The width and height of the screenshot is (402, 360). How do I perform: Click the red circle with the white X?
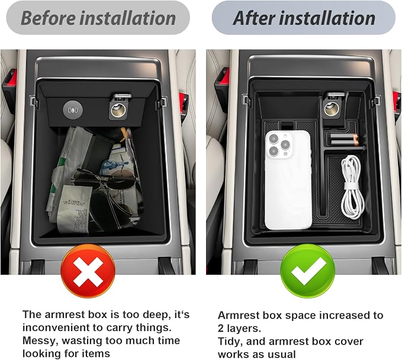point(88,271)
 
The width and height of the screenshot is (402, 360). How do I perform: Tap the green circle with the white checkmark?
point(307,271)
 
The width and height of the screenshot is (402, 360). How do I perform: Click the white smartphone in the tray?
point(288,180)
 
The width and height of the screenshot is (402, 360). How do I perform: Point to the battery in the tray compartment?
point(343,140)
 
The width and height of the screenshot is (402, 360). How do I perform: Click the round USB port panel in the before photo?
point(73,110)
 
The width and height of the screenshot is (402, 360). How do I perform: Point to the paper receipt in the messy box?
point(75,208)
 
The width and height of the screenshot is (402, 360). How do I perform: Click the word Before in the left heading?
point(48,18)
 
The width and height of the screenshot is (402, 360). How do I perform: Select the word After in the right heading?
point(254,18)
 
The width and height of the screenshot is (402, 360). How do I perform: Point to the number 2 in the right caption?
point(221,329)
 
